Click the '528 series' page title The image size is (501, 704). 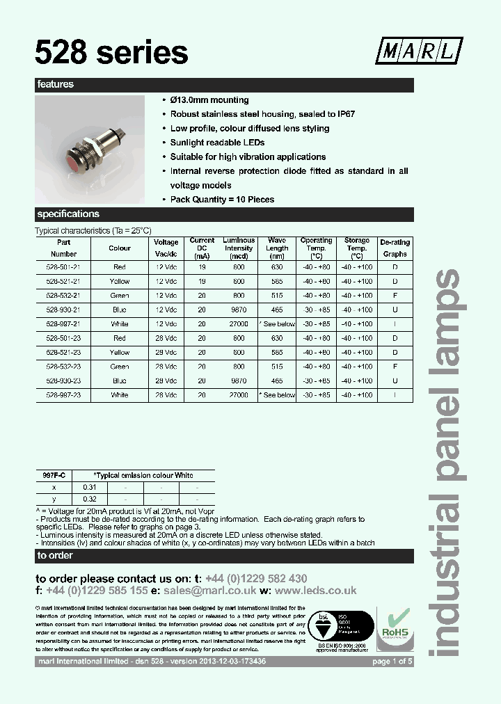pyautogui.click(x=112, y=51)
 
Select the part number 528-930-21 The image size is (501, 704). pyautogui.click(x=63, y=310)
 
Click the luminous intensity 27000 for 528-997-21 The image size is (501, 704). pyautogui.click(x=239, y=324)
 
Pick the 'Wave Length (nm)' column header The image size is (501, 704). pyautogui.click(x=277, y=248)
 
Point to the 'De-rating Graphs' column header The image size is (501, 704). pyautogui.click(x=395, y=248)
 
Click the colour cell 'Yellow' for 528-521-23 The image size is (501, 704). pyautogui.click(x=120, y=353)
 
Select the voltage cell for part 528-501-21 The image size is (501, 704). pyautogui.click(x=166, y=268)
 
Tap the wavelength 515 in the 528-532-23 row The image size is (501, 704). pyautogui.click(x=277, y=367)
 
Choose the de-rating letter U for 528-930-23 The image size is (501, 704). pyautogui.click(x=395, y=381)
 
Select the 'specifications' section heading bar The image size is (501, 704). pyautogui.click(x=224, y=214)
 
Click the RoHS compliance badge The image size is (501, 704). pyautogui.click(x=394, y=627)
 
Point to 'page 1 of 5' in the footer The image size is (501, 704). pyautogui.click(x=392, y=662)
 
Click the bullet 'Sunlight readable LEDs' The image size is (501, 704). pyautogui.click(x=217, y=143)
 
